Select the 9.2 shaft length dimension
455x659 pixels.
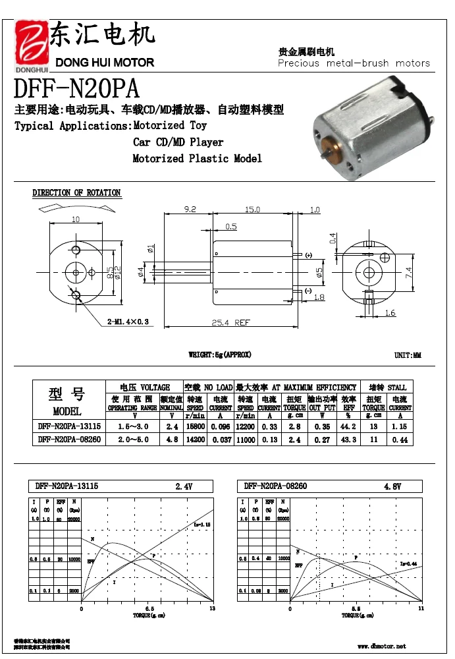190,210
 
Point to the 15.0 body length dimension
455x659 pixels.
252,210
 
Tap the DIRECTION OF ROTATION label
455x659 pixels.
76,193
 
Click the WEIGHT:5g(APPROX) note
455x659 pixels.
220,355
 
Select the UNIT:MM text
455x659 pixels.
408,356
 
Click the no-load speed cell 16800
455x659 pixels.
195,427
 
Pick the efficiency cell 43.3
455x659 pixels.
349,439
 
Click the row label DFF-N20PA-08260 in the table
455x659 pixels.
69,439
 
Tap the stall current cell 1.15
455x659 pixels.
399,427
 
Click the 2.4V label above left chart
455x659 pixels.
184,486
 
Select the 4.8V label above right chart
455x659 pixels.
393,486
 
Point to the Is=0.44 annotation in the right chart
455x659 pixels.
408,563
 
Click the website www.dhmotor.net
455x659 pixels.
382,646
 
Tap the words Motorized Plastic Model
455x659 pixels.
197,159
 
